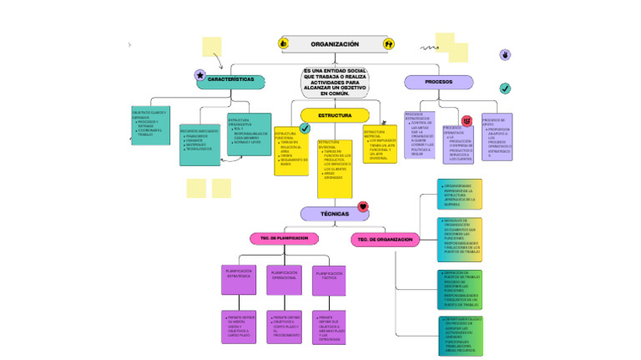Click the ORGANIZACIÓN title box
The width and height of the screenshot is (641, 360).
335,43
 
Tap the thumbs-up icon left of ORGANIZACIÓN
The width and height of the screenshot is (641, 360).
283,43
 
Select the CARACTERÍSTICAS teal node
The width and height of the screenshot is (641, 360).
230,81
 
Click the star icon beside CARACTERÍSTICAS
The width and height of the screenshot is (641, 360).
199,75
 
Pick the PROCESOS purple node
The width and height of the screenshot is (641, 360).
438,82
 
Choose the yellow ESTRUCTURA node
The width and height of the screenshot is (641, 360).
334,115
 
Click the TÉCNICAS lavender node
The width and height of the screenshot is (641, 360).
334,214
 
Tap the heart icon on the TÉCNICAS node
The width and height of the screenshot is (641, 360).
362,206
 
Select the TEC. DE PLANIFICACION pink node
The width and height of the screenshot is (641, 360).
285,238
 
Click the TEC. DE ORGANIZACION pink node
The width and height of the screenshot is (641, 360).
385,240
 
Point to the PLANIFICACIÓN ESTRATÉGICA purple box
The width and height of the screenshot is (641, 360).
238,280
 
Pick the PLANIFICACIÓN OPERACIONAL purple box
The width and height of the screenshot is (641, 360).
284,280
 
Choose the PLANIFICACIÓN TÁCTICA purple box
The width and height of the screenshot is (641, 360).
330,281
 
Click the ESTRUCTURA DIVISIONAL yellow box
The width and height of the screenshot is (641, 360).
335,168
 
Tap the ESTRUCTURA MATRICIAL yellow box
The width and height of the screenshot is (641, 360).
380,145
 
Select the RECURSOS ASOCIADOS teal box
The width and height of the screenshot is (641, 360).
199,144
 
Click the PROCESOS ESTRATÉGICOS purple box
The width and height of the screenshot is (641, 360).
419,134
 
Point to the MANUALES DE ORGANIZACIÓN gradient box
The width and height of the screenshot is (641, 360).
460,237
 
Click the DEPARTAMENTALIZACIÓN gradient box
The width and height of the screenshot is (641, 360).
460,335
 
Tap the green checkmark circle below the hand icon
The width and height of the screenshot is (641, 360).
505,89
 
